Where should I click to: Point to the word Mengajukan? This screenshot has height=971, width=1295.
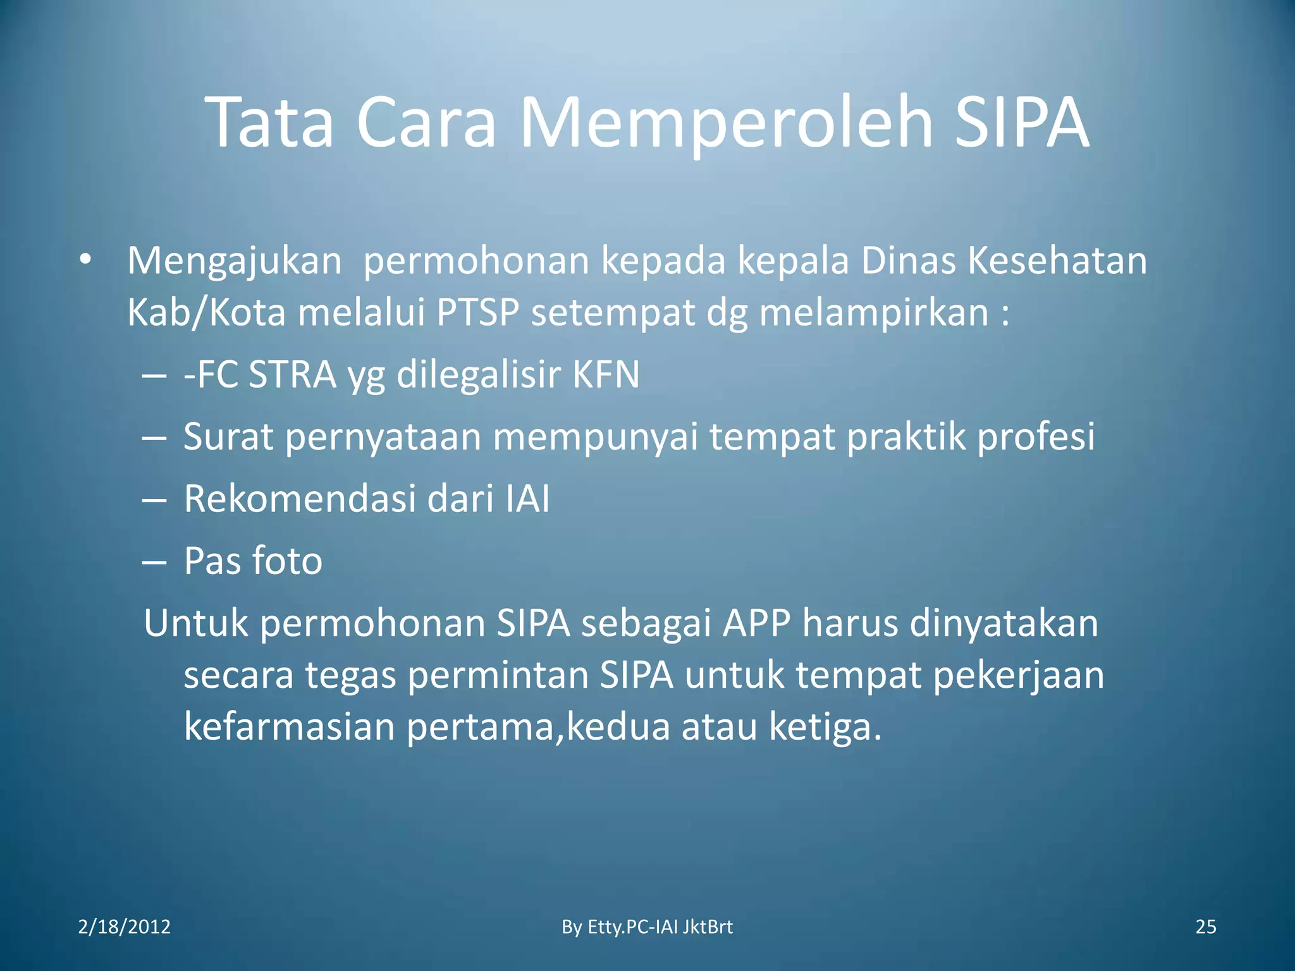235,261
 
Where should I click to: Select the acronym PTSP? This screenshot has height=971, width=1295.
477,312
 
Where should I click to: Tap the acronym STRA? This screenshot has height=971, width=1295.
292,374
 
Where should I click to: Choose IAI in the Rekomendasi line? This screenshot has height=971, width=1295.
527,499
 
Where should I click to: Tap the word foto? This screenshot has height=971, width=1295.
287,561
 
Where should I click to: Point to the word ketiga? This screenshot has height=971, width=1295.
825,726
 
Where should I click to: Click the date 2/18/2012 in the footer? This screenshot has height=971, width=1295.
125,927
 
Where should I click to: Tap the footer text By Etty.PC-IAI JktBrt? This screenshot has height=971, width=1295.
647,927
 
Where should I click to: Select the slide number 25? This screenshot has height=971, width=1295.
1206,927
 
